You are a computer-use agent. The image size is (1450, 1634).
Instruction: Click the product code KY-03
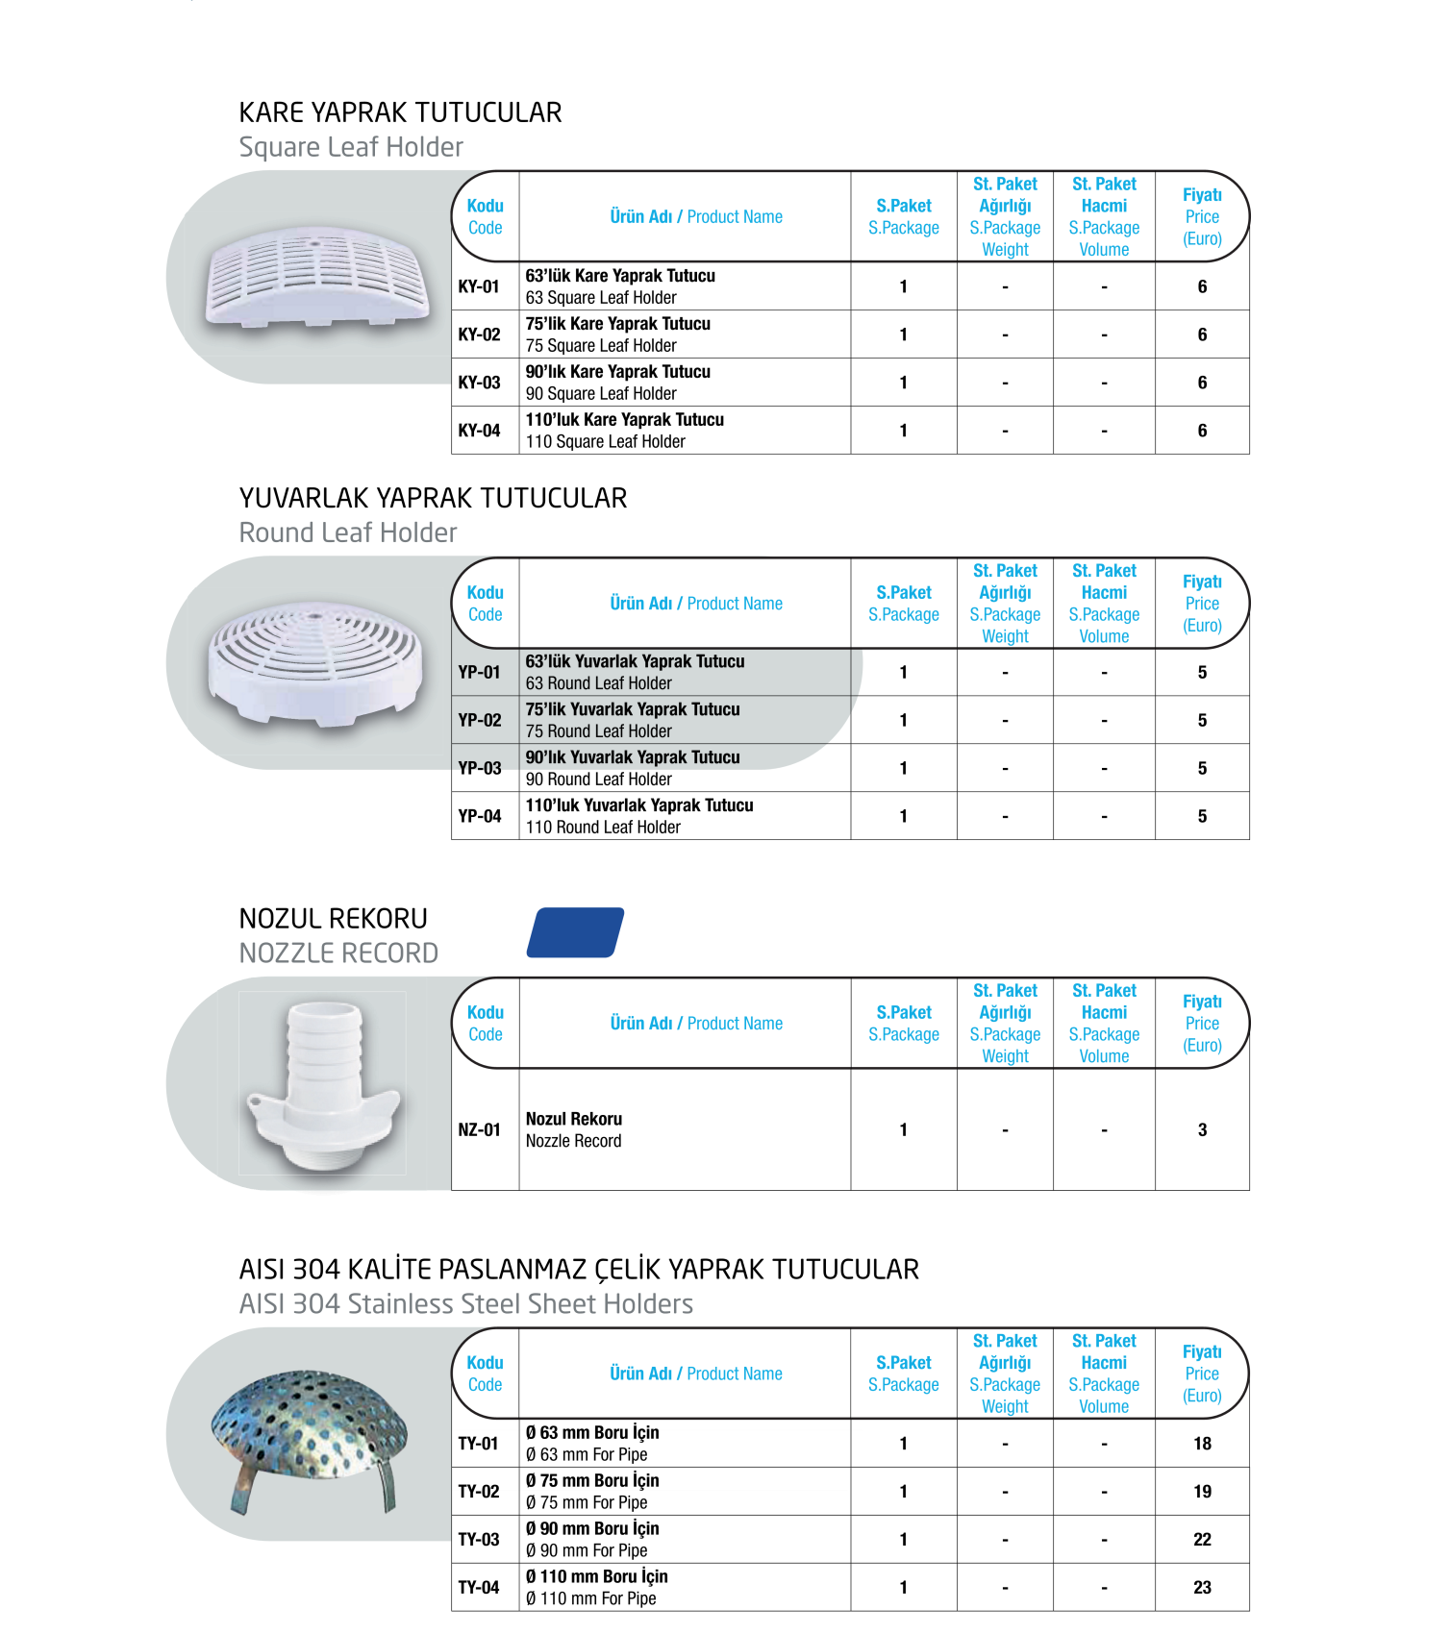click(479, 383)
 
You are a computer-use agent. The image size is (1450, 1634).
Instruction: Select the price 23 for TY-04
click(1202, 1587)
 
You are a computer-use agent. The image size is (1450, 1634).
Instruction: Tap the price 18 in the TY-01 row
click(1202, 1443)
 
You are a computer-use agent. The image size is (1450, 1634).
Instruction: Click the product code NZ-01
click(479, 1129)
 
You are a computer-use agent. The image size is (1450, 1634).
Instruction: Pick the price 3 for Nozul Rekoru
click(1202, 1129)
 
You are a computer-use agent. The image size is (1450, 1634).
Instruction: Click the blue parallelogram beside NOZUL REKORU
click(575, 932)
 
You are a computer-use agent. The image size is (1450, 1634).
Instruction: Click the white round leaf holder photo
click(314, 661)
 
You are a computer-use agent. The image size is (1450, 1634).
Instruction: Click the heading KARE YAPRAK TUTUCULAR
click(400, 112)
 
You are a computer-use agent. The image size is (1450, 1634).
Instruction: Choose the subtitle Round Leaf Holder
click(348, 532)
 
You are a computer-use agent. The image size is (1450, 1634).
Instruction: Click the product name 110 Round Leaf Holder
click(603, 828)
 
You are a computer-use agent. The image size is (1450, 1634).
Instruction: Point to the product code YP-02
click(479, 720)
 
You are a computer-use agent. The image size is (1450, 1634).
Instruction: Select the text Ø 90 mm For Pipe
click(587, 1550)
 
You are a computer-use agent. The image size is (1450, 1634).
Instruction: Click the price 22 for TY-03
click(1202, 1539)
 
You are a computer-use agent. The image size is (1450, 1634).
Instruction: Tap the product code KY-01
click(479, 286)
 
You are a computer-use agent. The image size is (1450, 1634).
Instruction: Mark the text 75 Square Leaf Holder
click(601, 346)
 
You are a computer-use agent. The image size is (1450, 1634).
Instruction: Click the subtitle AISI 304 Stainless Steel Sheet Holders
click(466, 1304)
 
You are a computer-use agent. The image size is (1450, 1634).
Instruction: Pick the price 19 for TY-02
click(1202, 1491)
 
